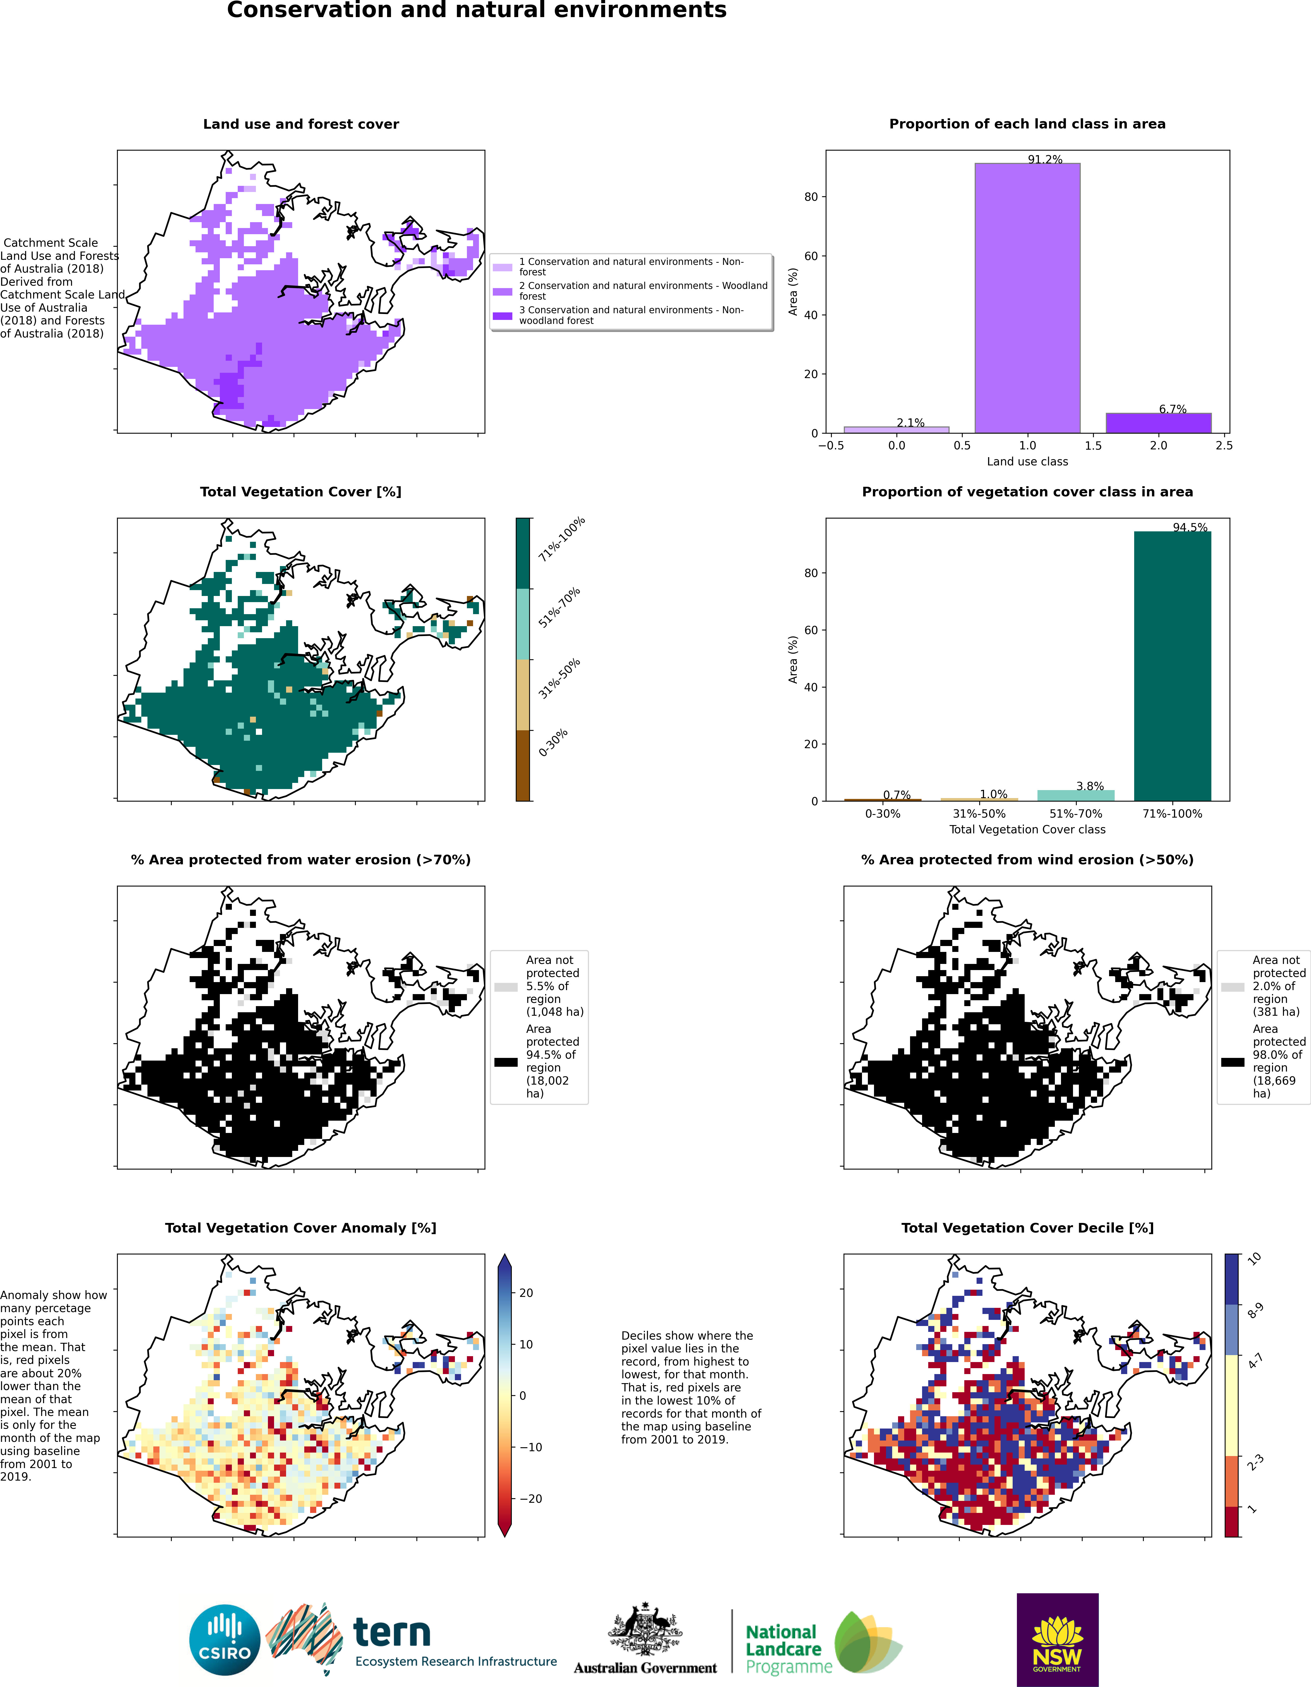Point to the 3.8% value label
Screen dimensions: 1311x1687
tap(1090, 786)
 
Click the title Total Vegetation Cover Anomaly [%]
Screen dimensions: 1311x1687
tap(301, 1227)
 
